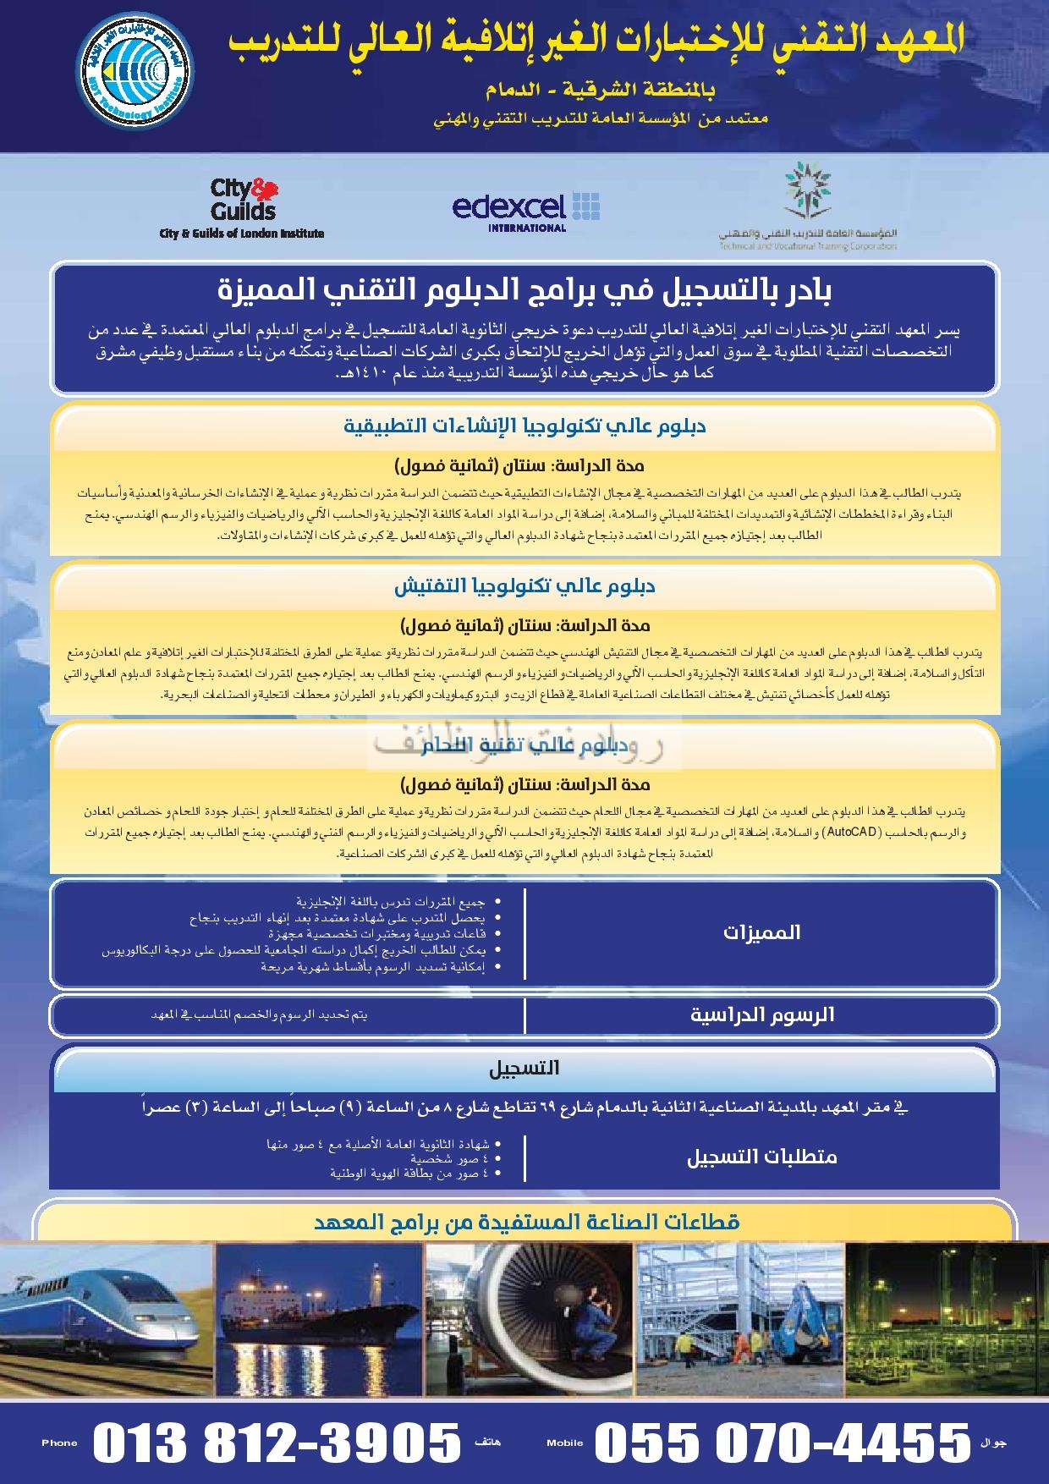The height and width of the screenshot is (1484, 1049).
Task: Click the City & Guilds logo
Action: [243, 206]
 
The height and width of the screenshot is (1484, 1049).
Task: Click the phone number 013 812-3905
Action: [276, 1442]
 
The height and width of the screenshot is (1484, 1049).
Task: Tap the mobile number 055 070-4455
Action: [783, 1442]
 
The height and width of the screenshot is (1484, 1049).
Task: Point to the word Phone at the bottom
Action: [59, 1443]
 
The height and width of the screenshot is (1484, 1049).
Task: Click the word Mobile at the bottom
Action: [565, 1443]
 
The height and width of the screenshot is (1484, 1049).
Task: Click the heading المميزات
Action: [761, 933]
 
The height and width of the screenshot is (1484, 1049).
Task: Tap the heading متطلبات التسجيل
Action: [761, 1157]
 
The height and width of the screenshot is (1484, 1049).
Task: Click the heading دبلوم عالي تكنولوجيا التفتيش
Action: [524, 586]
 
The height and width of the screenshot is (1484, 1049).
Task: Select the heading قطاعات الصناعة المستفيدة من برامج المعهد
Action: [524, 1222]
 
